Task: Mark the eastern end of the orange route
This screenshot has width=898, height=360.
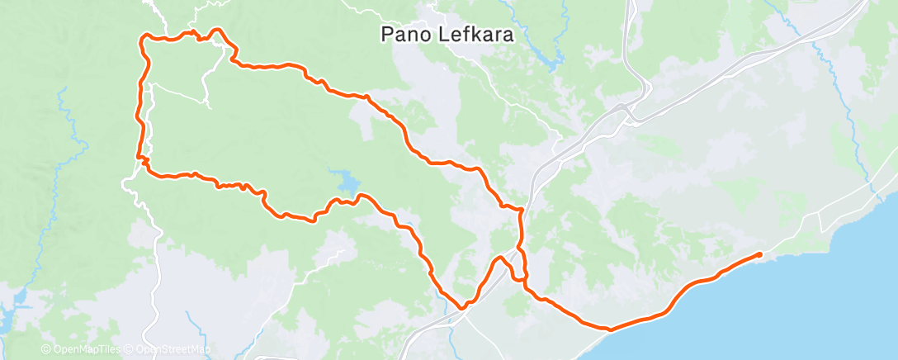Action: click(x=759, y=254)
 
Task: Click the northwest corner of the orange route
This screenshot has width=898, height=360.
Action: click(x=145, y=38)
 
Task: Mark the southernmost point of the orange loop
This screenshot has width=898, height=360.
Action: click(x=463, y=307)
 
